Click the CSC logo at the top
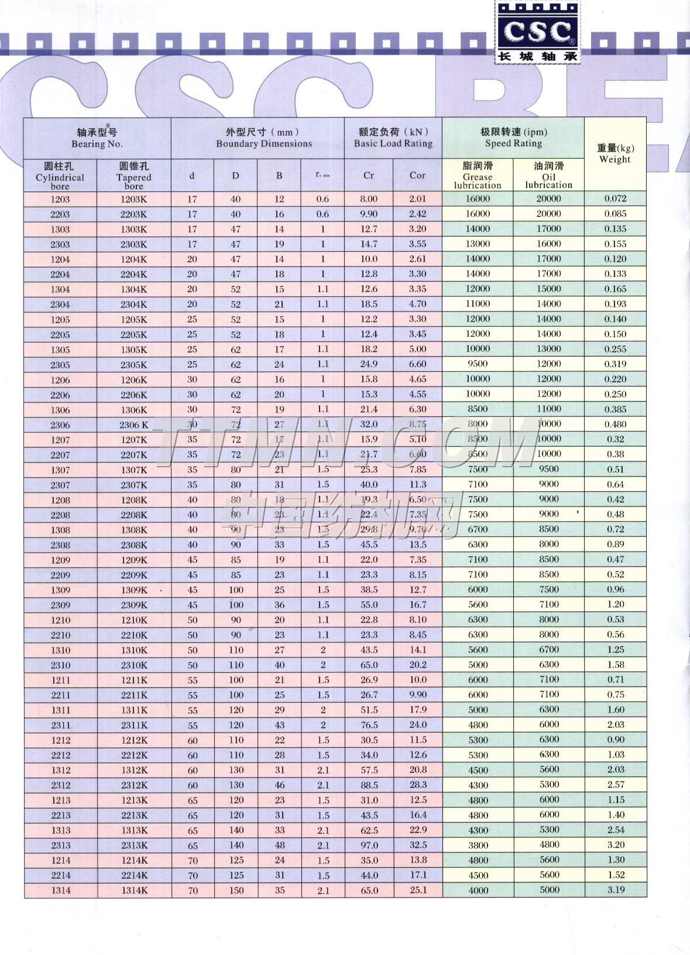[537, 32]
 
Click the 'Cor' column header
[417, 175]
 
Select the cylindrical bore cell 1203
[60, 199]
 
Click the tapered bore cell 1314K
[134, 891]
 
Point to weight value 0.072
[615, 198]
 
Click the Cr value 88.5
[369, 785]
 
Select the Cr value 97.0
[369, 845]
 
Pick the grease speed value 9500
[478, 364]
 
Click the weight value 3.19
[615, 890]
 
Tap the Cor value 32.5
[418, 845]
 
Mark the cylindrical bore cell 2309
[60, 605]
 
